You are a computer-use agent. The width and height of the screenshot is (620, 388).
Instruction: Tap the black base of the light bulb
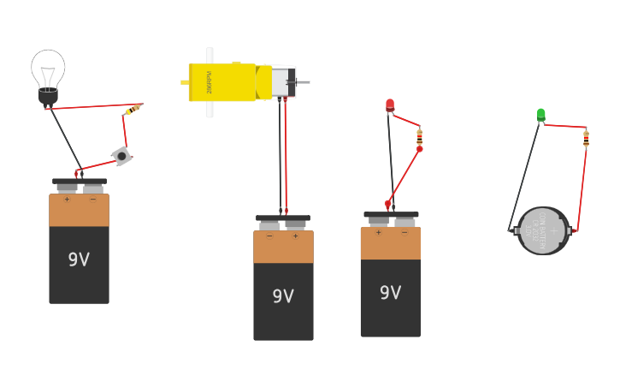[x=48, y=96]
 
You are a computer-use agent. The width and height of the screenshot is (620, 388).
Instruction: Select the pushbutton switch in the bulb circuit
[x=121, y=155]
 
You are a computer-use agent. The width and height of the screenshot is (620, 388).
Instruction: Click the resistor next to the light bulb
[x=134, y=108]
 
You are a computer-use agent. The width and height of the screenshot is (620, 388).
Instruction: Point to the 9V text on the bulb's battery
[x=79, y=260]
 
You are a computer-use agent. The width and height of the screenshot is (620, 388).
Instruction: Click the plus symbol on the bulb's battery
[x=67, y=200]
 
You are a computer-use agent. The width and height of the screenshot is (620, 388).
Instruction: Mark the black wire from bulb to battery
[x=65, y=137]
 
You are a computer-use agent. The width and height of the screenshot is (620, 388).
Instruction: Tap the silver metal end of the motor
[x=284, y=82]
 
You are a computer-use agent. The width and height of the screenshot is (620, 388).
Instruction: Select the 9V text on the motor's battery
[x=283, y=296]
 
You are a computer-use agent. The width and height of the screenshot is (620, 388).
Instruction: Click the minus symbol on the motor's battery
[x=269, y=236]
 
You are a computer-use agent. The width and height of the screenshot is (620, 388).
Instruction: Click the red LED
[x=390, y=105]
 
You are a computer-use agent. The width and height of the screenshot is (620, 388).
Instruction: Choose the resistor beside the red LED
[x=419, y=136]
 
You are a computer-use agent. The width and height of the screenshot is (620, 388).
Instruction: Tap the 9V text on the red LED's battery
[x=390, y=293]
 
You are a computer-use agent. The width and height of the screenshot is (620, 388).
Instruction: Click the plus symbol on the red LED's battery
[x=378, y=232]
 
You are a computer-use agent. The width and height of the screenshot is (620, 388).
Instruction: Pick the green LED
[x=540, y=114]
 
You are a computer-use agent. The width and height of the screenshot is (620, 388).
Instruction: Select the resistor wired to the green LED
[x=586, y=138]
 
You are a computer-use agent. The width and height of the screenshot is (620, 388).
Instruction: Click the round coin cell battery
[x=543, y=230]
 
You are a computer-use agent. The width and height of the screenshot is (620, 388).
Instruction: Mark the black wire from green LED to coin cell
[x=524, y=176]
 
